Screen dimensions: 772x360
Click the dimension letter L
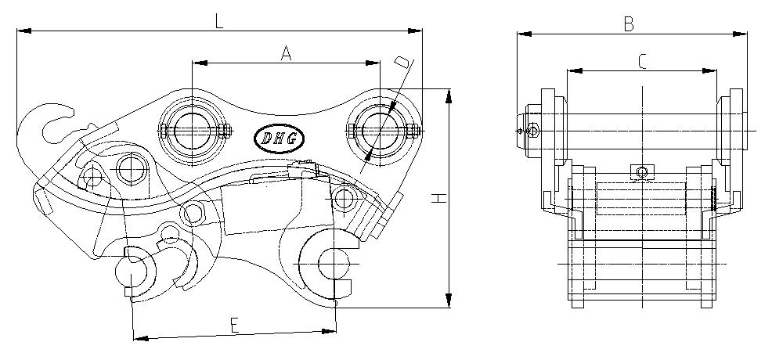[219, 22]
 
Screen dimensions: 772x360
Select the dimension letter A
[286, 53]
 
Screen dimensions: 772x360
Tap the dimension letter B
[628, 23]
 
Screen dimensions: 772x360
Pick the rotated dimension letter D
[402, 63]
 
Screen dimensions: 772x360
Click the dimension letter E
[235, 325]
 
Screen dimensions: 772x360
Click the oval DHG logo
[279, 139]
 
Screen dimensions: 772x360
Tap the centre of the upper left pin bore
[193, 131]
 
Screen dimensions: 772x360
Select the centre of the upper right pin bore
[380, 131]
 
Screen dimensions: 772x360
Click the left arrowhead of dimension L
[24, 31]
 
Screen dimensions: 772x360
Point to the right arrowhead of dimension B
[740, 34]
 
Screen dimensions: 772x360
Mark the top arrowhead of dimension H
[449, 96]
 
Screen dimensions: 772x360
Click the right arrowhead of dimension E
[328, 332]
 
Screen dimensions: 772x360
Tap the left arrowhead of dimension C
[575, 70]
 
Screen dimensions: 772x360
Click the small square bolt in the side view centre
[642, 172]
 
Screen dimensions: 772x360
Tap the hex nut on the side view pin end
[532, 131]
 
